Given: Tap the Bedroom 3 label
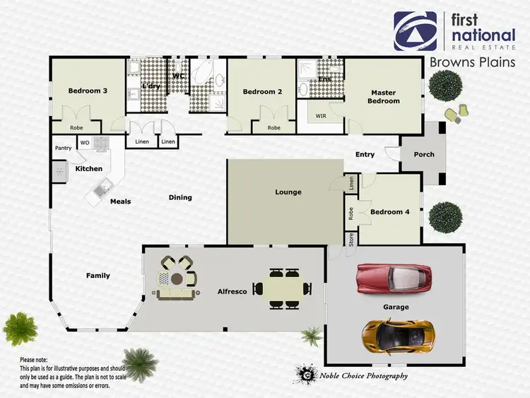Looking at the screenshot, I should (88, 91).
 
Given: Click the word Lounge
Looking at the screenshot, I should (288, 192).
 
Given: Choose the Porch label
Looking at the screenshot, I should (424, 155).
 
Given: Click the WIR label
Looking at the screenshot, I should (321, 115).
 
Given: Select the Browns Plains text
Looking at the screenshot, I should (472, 63).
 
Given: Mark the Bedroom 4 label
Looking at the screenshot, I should (389, 212).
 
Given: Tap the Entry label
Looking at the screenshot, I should (365, 155).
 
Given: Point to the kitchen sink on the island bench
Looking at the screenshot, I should (104, 187).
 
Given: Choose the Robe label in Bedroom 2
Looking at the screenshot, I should (274, 128).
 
